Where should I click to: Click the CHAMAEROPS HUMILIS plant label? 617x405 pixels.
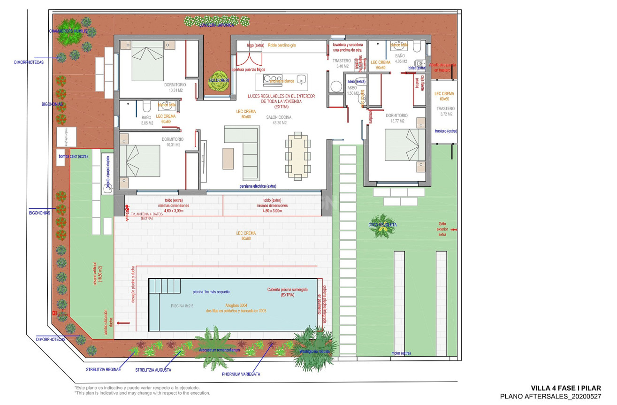coord(69,31)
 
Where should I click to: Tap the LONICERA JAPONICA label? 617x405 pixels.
coord(216,25)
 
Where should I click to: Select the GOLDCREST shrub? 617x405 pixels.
coord(218,80)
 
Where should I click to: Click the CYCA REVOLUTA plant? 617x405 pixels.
coord(382,225)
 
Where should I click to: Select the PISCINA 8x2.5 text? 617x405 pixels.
coord(182,306)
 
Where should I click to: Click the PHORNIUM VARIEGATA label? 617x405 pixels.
coord(241,374)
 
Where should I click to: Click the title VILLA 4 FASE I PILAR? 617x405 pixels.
coord(565,388)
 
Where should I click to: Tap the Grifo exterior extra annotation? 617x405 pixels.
coord(442,229)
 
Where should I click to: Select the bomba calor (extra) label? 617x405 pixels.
coord(73,156)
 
